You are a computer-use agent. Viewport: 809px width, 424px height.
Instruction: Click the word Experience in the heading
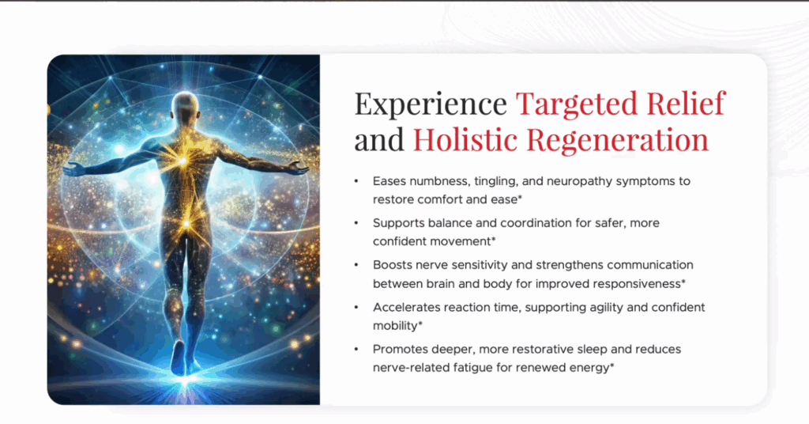430,104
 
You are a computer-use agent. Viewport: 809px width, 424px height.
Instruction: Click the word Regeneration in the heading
617,140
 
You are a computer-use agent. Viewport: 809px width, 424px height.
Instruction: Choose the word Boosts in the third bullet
393,265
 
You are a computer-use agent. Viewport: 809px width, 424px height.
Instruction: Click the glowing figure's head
185,104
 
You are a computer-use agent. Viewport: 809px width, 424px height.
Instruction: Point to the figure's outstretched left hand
74,168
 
